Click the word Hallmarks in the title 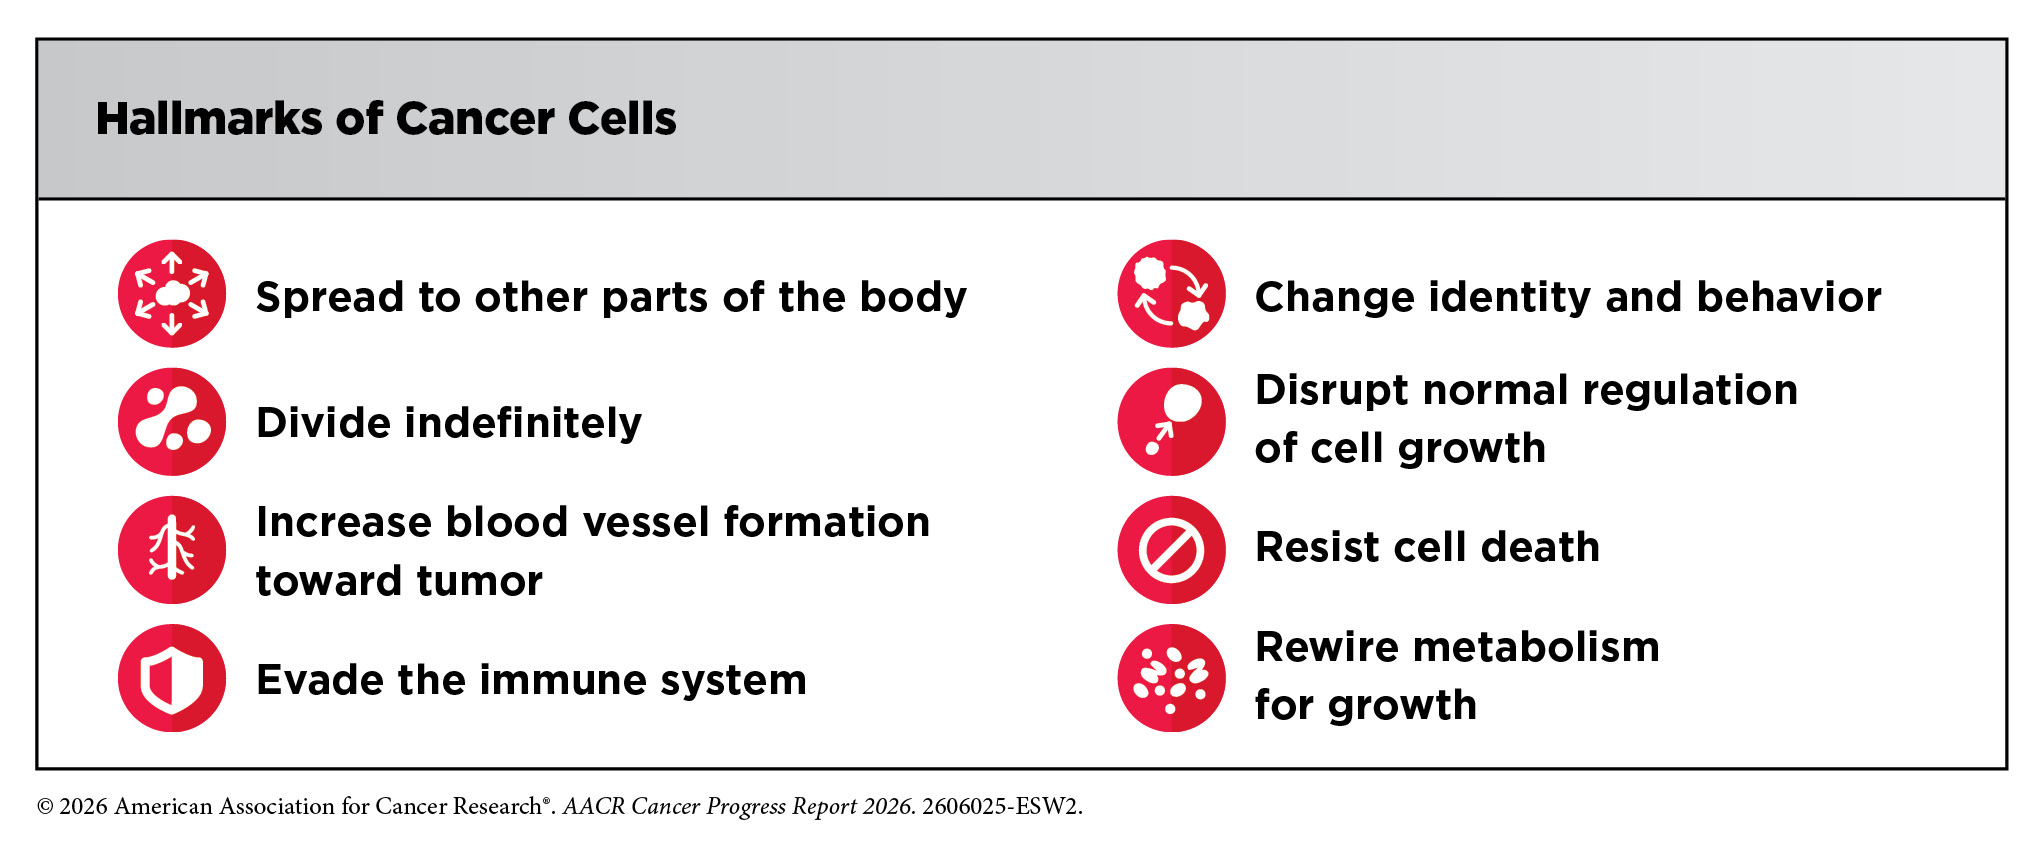click(x=210, y=119)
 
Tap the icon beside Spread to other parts click(x=172, y=294)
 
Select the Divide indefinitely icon click(x=172, y=422)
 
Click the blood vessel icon click(x=172, y=550)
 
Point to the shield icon click(x=172, y=678)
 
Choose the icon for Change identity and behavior click(x=1171, y=294)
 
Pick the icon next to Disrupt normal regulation click(x=1171, y=422)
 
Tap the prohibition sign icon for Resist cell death click(x=1171, y=550)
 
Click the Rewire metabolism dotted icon click(x=1171, y=678)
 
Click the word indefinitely click(x=523, y=424)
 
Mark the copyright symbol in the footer click(x=45, y=807)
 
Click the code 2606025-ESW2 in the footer click(x=1001, y=806)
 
